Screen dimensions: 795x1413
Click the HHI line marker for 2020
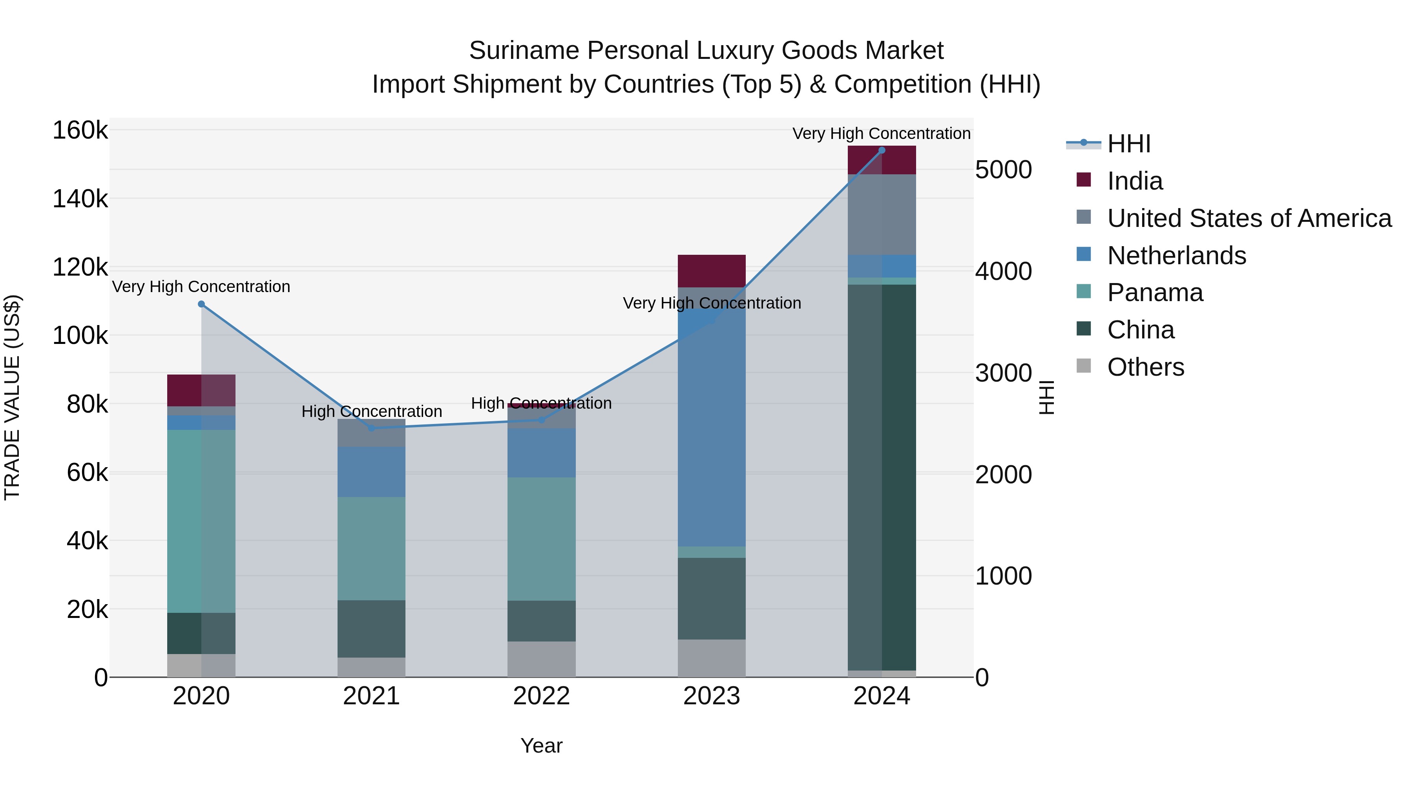tap(201, 304)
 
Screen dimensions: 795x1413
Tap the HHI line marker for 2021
tap(371, 428)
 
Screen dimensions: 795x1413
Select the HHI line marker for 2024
tap(882, 150)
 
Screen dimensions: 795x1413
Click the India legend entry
tap(1134, 181)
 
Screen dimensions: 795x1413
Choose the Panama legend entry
tap(1155, 292)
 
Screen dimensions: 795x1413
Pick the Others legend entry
tap(1145, 367)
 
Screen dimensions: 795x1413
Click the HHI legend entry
tap(1128, 144)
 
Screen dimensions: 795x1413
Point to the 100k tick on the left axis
tap(80, 335)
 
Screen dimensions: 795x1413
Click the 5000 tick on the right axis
tap(1003, 170)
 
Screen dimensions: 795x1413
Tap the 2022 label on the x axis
tap(541, 696)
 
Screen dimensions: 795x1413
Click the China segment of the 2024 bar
tap(882, 477)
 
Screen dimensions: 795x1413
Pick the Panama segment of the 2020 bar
tap(201, 521)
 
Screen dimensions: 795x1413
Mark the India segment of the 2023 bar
tap(712, 270)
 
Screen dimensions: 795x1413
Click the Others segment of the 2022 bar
tap(541, 659)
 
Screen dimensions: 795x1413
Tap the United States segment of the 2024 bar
tap(882, 214)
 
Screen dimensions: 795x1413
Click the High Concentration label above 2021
tap(371, 411)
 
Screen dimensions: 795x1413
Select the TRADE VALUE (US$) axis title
tap(13, 397)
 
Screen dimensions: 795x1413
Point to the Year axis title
tap(541, 746)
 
